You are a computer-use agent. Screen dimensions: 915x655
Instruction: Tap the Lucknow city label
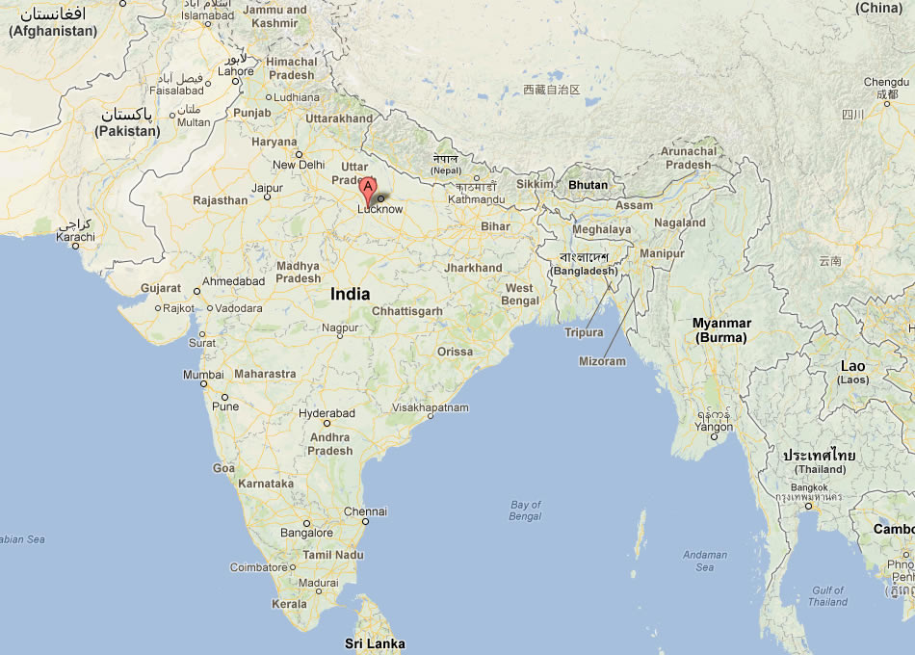(380, 209)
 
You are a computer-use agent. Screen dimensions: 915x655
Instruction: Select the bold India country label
(350, 294)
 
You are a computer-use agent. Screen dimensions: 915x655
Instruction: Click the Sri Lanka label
(375, 643)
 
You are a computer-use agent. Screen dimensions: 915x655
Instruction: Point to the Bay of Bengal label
(526, 511)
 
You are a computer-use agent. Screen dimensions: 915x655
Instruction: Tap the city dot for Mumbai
(203, 384)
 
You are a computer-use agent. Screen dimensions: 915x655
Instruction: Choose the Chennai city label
(365, 511)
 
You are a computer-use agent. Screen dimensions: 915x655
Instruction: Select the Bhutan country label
(588, 185)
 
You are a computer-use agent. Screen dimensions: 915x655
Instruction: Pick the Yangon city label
(714, 427)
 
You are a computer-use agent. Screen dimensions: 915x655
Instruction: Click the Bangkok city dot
(808, 505)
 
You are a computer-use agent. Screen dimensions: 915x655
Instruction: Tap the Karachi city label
(75, 236)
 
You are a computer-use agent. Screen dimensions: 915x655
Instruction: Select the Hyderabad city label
(327, 413)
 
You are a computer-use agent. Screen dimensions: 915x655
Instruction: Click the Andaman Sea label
(705, 561)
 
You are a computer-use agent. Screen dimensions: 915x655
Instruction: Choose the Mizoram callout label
(602, 361)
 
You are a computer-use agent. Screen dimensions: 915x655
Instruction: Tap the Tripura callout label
(584, 332)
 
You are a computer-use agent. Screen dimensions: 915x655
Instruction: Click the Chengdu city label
(886, 83)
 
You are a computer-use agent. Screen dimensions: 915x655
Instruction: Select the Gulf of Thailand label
(827, 596)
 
